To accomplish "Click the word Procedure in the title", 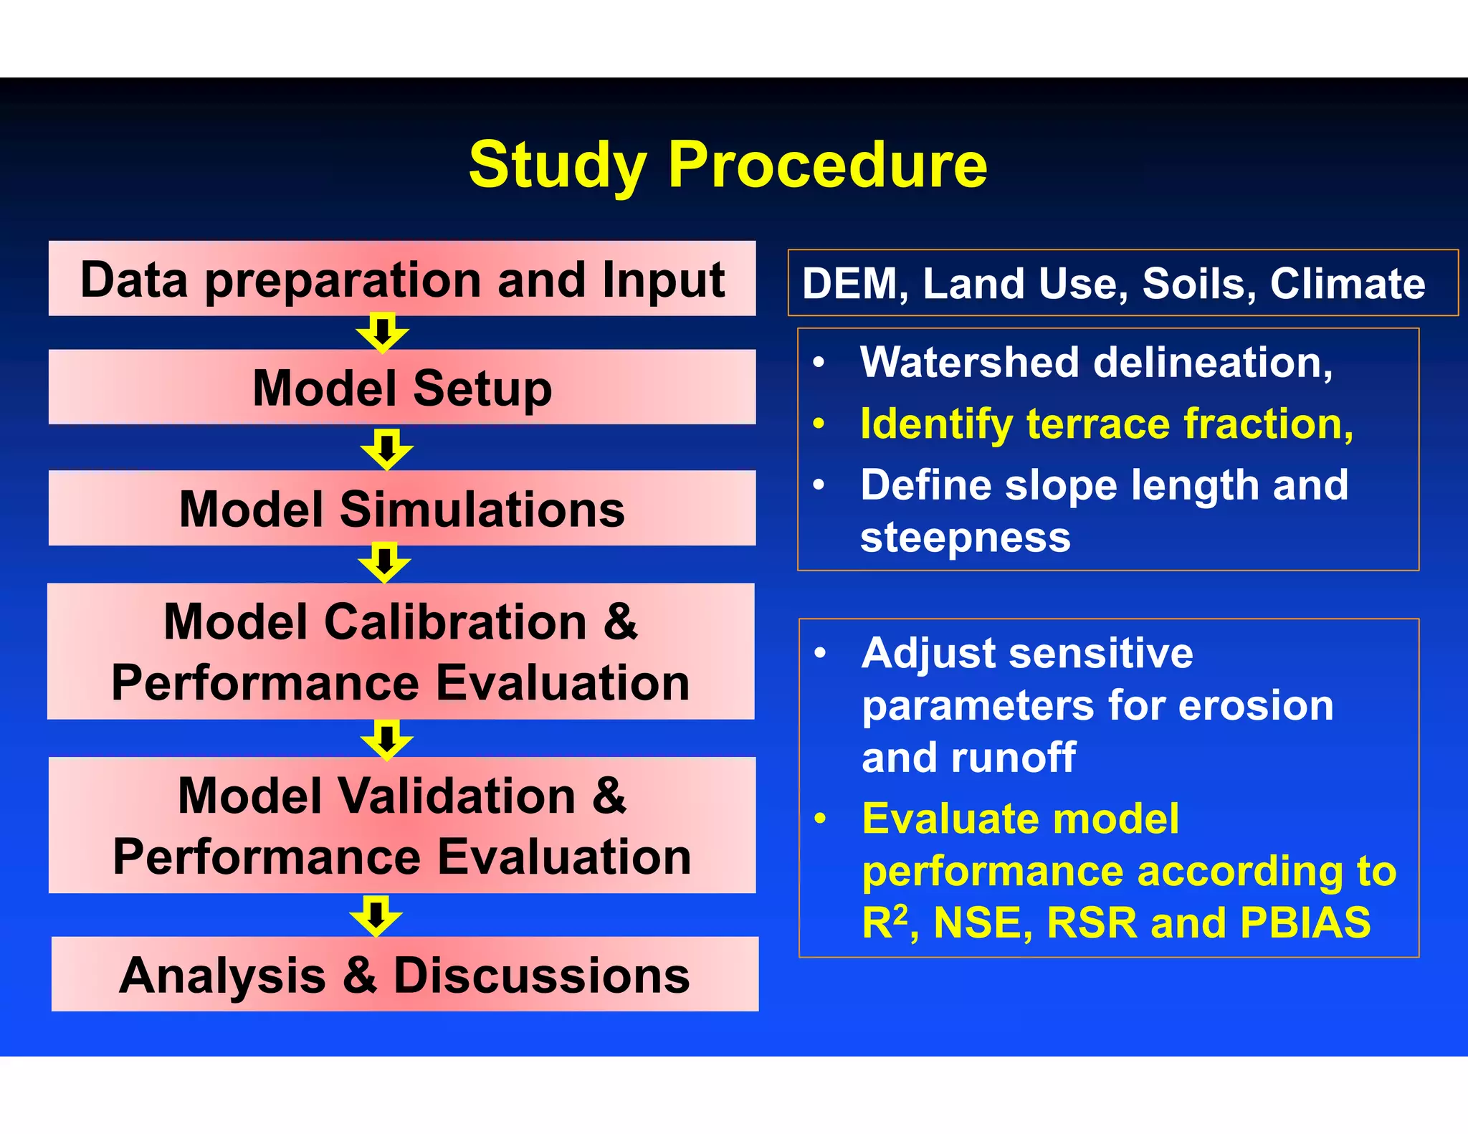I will coord(827,166).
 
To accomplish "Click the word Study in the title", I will coord(557,166).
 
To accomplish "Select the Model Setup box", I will coord(402,388).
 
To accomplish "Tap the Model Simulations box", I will coord(402,509).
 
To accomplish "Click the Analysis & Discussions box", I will coord(404,975).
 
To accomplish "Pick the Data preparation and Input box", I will coord(402,279).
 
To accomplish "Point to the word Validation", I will coord(455,796).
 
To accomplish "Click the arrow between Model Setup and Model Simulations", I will coord(387,449).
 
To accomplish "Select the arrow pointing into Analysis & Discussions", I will coord(376,915).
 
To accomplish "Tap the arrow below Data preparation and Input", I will coord(383,333).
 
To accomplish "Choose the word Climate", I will coord(1348,284).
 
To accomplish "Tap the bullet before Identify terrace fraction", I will coord(819,424).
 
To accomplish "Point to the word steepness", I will coord(965,538).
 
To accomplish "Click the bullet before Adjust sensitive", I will coord(821,653).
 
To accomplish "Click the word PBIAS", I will coord(1305,923).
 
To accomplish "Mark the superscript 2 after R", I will coord(901,913).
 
